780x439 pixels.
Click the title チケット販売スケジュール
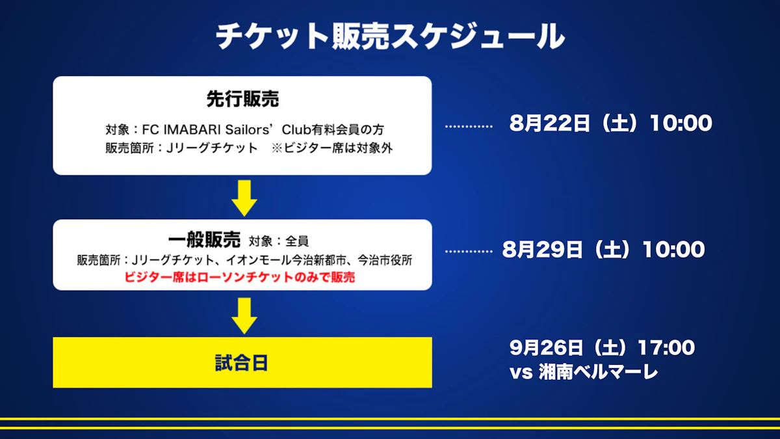tap(390, 36)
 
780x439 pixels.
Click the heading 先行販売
tap(242, 100)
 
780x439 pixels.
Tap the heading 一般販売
tap(204, 240)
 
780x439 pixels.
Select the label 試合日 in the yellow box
tap(241, 363)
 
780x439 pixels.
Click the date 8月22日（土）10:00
tap(611, 124)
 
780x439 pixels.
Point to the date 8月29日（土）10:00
tap(603, 250)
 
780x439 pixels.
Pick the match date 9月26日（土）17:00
tap(602, 347)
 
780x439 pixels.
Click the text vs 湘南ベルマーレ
tap(584, 372)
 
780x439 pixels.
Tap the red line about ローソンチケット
tap(240, 277)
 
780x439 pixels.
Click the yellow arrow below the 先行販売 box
tap(244, 198)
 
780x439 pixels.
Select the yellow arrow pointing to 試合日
tap(244, 315)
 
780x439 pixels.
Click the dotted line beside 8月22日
tap(469, 126)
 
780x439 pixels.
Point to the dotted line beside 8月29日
tap(469, 251)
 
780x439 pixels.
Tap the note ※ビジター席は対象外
tap(332, 148)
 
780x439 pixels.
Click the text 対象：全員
tap(279, 241)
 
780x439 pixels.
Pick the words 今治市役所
tap(385, 260)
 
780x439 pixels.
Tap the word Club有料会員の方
tap(333, 129)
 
